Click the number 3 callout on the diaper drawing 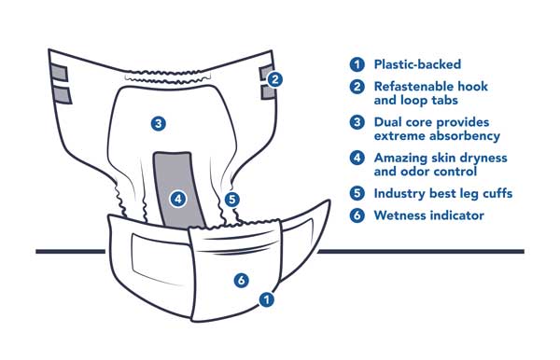[159, 124]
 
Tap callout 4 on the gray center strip [178, 199]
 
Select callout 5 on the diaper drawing [232, 200]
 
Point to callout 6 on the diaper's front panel [242, 280]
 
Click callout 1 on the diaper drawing [266, 299]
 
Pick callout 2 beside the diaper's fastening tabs [274, 79]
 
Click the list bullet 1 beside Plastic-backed [357, 64]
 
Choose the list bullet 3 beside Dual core [357, 122]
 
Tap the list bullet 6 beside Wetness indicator [357, 215]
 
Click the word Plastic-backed [417, 64]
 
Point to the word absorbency [464, 136]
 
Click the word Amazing [399, 158]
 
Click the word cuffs [497, 193]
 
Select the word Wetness [399, 215]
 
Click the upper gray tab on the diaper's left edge [59, 73]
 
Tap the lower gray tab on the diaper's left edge [63, 95]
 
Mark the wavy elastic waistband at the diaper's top [168, 77]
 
